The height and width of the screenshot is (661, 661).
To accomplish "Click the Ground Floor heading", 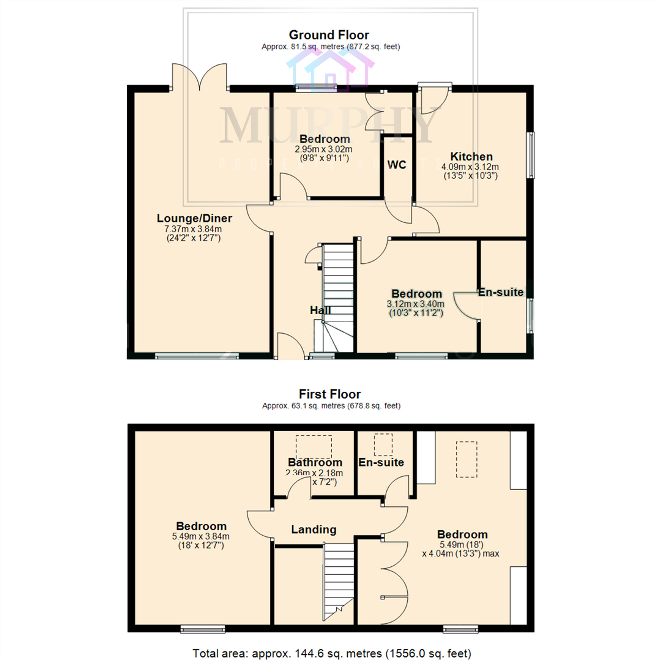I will (x=329, y=35).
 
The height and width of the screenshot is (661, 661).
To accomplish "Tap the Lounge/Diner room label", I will (x=194, y=218).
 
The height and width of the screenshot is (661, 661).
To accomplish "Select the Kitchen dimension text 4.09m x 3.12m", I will (x=470, y=167).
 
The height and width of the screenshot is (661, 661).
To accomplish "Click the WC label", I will (x=397, y=165).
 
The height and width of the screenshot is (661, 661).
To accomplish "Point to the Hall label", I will (x=320, y=311).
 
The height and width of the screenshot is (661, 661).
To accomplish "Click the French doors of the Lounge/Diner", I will (x=199, y=77).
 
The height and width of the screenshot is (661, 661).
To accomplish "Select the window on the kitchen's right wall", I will (x=531, y=155).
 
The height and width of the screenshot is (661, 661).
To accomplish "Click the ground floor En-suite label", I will (x=501, y=292).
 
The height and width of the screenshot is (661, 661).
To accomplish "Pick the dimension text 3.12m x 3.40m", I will (x=416, y=304).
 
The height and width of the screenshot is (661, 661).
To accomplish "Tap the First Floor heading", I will (x=329, y=394).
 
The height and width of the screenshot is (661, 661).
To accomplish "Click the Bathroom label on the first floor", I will (x=315, y=462).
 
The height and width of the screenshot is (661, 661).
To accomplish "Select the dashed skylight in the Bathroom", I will (x=314, y=447).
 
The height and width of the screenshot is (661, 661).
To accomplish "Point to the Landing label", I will (x=314, y=529).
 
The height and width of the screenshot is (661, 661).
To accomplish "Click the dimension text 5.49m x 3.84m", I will (x=201, y=536).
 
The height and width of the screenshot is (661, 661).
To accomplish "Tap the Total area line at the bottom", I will (x=332, y=653).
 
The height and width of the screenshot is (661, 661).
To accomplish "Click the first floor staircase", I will (x=338, y=582).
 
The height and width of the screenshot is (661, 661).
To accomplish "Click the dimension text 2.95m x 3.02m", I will (x=323, y=149).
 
